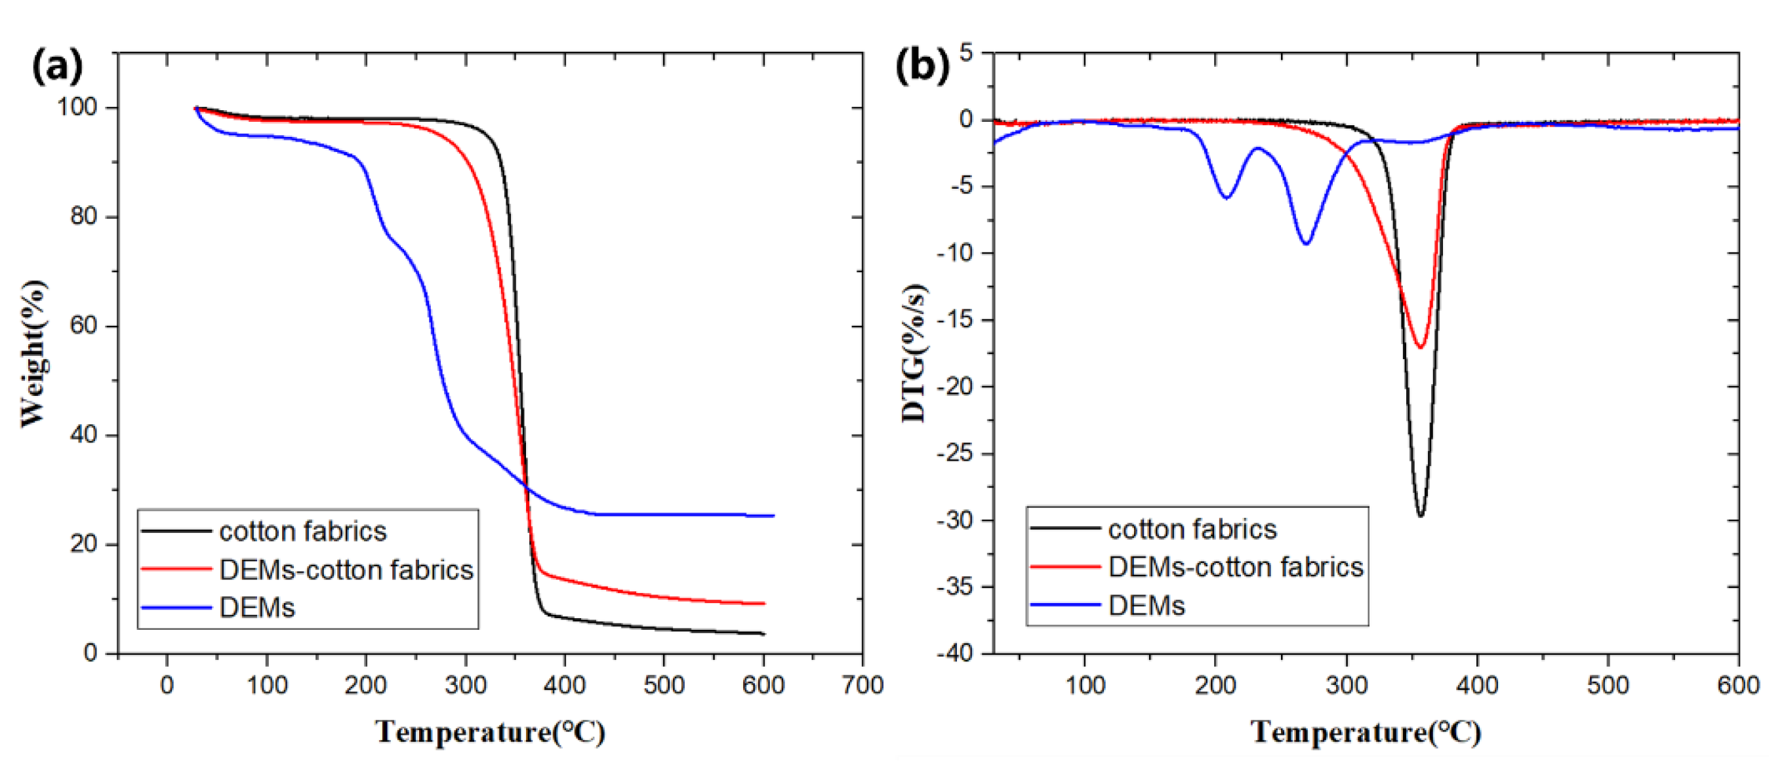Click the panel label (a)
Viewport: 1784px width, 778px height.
click(x=57, y=66)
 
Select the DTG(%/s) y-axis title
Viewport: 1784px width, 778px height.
click(x=914, y=353)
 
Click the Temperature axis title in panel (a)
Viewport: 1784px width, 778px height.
click(x=491, y=732)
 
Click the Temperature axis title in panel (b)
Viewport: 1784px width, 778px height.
click(x=1366, y=732)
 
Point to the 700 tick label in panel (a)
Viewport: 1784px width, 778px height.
click(x=862, y=685)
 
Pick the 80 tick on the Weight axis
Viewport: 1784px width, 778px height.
click(x=84, y=217)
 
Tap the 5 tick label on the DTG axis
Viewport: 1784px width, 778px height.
click(x=967, y=52)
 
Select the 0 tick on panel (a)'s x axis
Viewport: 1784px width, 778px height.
click(x=167, y=685)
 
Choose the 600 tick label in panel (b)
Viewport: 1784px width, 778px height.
click(x=1737, y=685)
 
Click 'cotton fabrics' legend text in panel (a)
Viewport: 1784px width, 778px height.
click(x=302, y=532)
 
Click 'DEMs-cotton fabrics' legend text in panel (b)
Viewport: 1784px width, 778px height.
click(x=1236, y=568)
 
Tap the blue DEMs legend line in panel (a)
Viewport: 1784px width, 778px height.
click(x=176, y=608)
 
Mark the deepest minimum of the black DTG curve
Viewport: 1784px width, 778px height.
click(x=1421, y=516)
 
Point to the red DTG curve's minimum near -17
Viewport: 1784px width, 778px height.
click(x=1421, y=347)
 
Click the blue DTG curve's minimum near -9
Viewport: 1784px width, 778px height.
click(x=1305, y=244)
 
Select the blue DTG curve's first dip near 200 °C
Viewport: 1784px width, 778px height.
click(x=1226, y=198)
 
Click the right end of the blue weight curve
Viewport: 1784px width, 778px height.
click(x=772, y=516)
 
